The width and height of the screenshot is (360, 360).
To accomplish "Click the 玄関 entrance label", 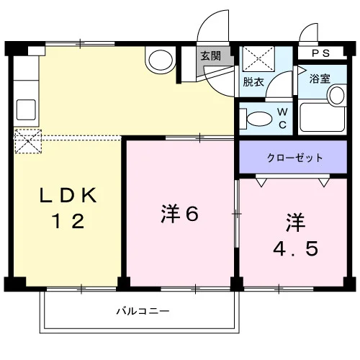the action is click(x=210, y=56).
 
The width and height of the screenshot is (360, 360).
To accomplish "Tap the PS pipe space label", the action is click(x=320, y=53).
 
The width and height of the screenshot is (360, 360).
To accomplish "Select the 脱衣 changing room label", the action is click(x=253, y=82).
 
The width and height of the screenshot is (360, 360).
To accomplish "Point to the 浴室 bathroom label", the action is click(x=320, y=78).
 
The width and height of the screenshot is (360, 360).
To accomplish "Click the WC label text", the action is click(x=282, y=118).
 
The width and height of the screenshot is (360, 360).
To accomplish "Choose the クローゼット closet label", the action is click(x=294, y=158).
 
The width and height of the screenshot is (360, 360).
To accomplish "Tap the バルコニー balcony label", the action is click(x=143, y=311).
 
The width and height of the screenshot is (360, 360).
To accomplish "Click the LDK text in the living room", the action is click(x=68, y=195).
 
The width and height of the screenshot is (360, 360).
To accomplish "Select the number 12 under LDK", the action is click(x=68, y=221).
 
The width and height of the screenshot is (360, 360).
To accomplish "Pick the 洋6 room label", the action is click(x=180, y=214).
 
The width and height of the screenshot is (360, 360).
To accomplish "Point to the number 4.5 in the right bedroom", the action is click(x=295, y=248).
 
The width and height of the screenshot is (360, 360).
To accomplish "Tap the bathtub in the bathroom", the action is click(x=323, y=117).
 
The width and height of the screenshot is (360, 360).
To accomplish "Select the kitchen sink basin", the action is click(x=26, y=109).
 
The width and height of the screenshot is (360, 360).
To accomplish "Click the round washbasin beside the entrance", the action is click(x=161, y=60).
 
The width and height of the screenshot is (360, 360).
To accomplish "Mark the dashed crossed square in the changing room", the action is click(x=258, y=59).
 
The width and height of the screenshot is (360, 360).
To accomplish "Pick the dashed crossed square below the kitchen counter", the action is click(x=28, y=141).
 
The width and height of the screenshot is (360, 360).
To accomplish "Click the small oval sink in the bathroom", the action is click(x=337, y=95).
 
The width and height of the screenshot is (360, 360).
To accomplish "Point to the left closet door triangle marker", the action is click(x=261, y=182).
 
